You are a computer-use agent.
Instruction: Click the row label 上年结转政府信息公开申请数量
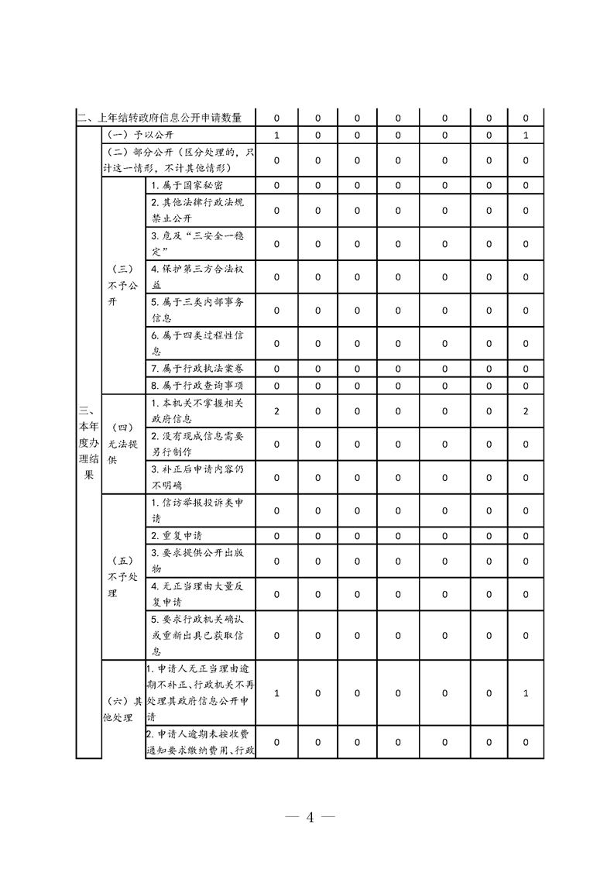164,118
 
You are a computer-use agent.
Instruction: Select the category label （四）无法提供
123,444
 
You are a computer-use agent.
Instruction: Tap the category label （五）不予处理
123,577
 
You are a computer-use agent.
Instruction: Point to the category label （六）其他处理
123,709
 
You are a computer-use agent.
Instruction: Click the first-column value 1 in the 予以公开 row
276,136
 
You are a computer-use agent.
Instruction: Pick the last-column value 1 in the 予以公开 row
526,136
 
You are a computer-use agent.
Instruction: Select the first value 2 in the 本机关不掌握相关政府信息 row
276,410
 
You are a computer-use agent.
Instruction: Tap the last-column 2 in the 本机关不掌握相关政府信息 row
526,410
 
